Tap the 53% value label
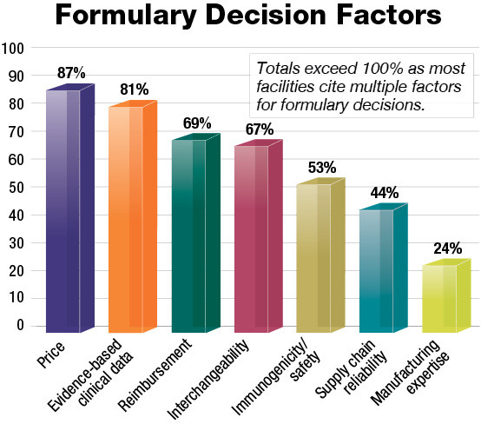pos(323,166)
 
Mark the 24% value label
pos(448,248)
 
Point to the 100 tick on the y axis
pos(13,48)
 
